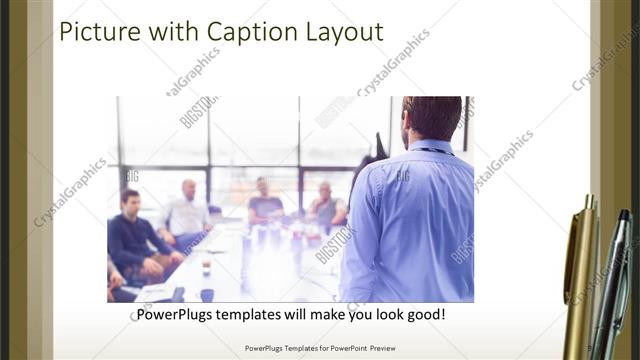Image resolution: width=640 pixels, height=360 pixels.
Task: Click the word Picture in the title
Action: pos(98,32)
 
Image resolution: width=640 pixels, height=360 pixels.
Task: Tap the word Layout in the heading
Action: pos(346,32)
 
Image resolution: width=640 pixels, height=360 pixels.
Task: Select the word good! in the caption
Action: pos(426,314)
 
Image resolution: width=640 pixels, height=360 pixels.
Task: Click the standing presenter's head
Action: pos(432,118)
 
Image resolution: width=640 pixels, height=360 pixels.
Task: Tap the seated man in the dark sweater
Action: pos(135,235)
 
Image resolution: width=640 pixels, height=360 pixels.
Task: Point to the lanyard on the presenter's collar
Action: pos(430,151)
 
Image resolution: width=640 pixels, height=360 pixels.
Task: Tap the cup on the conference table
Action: pos(206,267)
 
